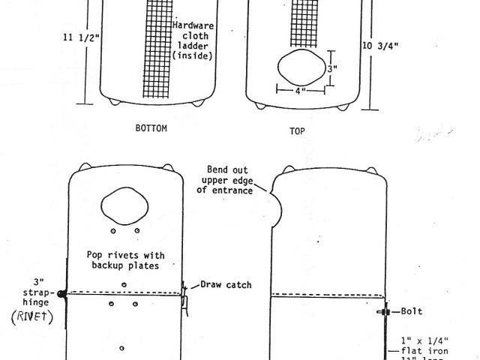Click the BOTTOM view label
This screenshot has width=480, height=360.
pyautogui.click(x=151, y=128)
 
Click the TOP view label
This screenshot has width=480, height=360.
pyautogui.click(x=297, y=130)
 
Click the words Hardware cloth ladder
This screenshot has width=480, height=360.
pyautogui.click(x=193, y=40)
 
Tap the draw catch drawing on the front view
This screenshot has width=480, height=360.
pyautogui.click(x=183, y=297)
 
